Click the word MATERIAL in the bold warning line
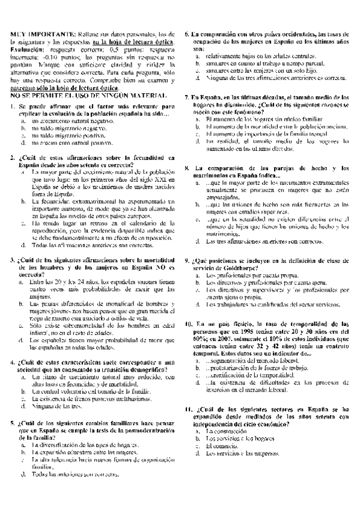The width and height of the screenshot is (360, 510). pos(146,96)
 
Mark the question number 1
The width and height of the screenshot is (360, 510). pos(13,107)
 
